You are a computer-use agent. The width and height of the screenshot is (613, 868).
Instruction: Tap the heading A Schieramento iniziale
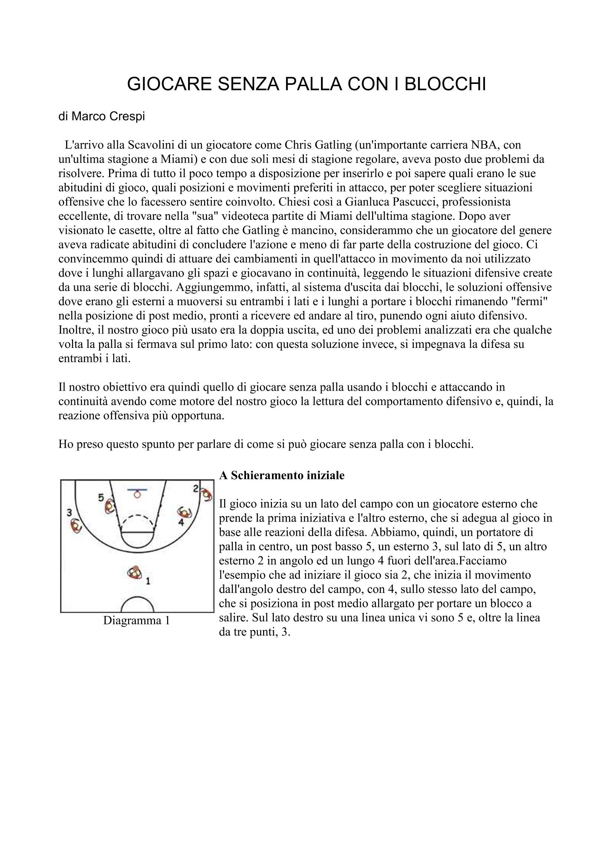point(282,475)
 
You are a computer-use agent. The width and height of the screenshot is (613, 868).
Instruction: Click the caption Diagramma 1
point(137,620)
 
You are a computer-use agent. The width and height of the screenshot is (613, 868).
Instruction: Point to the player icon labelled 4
point(185,512)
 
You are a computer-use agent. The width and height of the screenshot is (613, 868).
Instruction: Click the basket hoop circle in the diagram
point(137,495)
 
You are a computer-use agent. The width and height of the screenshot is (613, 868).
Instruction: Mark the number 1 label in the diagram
point(148,581)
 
